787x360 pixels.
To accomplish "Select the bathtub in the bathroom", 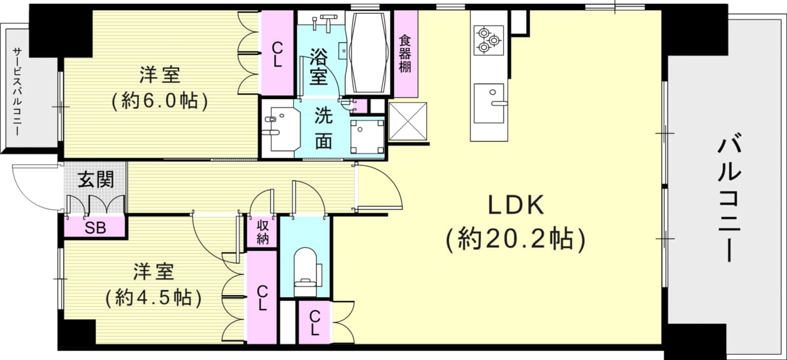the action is tap(368, 52).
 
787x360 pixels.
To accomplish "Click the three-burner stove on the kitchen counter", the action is tap(489, 41).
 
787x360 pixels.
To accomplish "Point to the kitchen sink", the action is tap(489, 103).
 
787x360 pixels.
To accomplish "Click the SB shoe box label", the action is tap(96, 228).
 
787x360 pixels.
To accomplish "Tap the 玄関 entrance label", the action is tap(96, 180).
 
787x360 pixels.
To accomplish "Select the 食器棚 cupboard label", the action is tap(405, 54).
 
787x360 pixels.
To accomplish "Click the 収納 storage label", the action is tap(262, 232).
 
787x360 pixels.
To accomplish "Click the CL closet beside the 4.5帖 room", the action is tap(262, 298).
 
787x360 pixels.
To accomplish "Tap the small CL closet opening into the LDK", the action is tap(314, 323).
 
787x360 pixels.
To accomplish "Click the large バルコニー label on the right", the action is tap(730, 201).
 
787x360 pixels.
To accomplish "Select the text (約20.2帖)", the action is tap(515, 240).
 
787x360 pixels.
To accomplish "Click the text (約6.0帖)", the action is tap(160, 101).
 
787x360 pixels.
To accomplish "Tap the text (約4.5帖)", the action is tap(153, 298).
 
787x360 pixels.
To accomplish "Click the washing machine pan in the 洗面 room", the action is tap(367, 137).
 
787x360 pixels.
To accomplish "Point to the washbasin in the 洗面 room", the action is tap(282, 129).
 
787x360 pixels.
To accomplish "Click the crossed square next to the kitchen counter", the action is tap(407, 121).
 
